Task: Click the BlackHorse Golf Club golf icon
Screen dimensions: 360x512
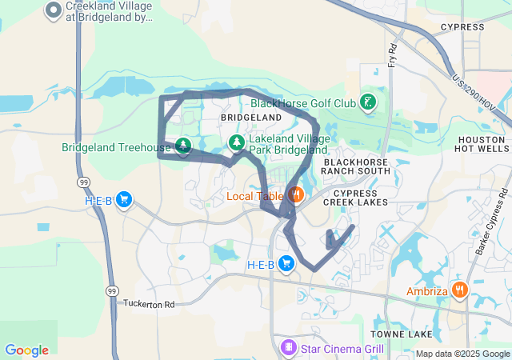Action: [x=367, y=102]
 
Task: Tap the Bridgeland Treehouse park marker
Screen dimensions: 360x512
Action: [x=184, y=146]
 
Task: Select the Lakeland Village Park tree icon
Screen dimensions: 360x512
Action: [x=237, y=142]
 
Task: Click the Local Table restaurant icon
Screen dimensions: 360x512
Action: [x=296, y=194]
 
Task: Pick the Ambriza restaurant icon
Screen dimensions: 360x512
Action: [x=459, y=290]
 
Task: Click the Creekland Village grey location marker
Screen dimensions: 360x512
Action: [x=54, y=10]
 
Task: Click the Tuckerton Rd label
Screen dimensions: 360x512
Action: [x=149, y=304]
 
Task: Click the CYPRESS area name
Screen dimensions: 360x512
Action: [x=462, y=27]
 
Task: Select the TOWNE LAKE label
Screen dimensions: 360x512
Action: [x=402, y=334]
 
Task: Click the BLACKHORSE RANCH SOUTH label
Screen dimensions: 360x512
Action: [x=355, y=166]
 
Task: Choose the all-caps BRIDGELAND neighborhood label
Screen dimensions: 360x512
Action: [x=251, y=118]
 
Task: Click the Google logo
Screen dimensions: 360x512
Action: [x=26, y=350]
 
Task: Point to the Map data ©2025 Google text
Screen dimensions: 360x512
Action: [x=462, y=354]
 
